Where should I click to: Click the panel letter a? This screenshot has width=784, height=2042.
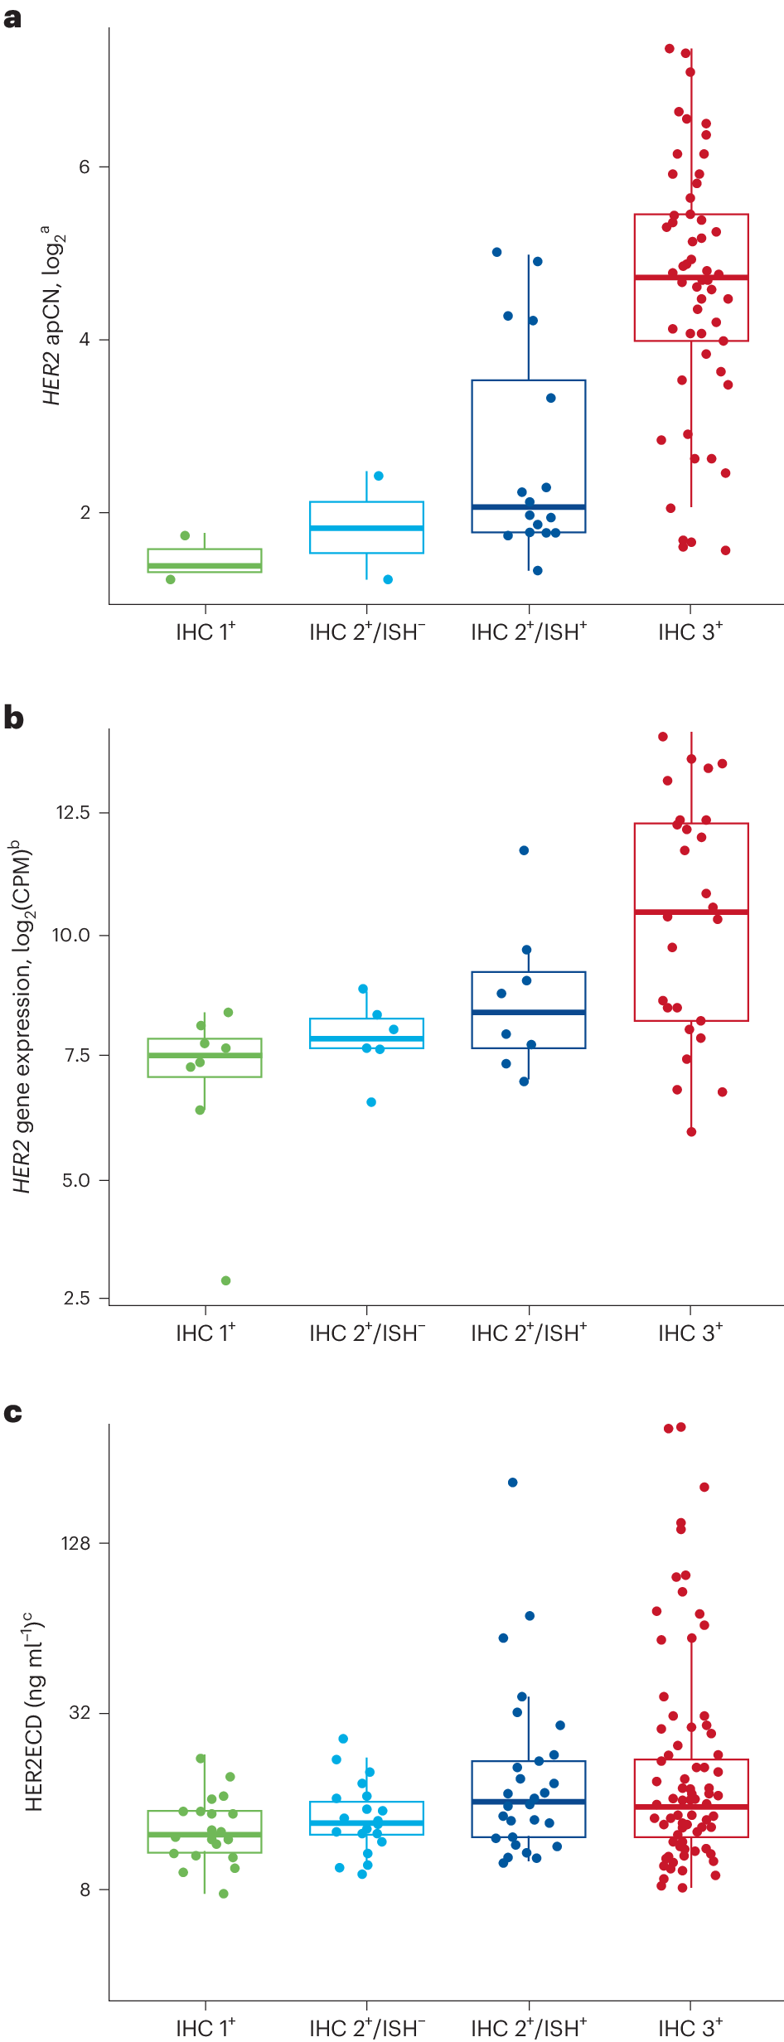12,17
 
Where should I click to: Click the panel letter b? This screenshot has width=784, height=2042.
13,718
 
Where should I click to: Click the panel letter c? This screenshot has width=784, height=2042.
12,1413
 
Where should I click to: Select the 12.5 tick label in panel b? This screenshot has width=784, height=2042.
73,813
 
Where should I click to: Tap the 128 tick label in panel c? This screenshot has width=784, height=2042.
75,1543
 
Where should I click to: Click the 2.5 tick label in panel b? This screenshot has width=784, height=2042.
77,1299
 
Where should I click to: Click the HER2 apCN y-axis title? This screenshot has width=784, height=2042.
53,315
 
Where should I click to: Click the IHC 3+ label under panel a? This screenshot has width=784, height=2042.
690,632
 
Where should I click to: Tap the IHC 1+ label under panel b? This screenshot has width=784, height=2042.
206,1333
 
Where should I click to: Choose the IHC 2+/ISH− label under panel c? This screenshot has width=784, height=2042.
367,2028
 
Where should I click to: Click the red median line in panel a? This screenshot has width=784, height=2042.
691,277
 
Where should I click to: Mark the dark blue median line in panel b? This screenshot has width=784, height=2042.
529,1012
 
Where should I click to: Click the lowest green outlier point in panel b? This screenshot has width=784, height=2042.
225,1280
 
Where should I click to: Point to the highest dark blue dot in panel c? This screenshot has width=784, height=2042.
513,1483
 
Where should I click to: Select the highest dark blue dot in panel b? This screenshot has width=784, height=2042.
524,850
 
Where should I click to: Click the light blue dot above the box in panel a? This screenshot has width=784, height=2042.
379,476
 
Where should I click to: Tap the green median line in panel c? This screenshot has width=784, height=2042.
205,1835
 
